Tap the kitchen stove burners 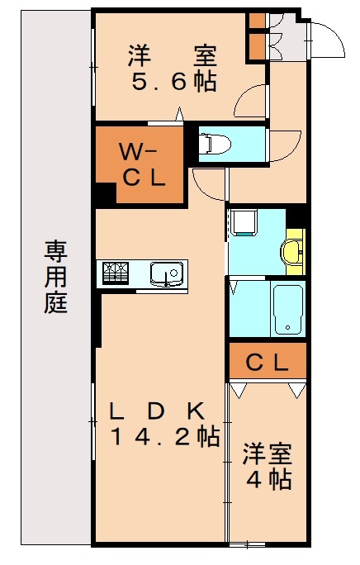pyautogui.click(x=114, y=272)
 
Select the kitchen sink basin pyautogui.click(x=166, y=271)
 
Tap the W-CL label pyautogui.click(x=142, y=164)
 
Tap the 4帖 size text pyautogui.click(x=266, y=478)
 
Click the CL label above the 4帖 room pyautogui.click(x=267, y=361)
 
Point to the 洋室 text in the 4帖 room pyautogui.click(x=266, y=453)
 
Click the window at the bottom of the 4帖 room pyautogui.click(x=247, y=544)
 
